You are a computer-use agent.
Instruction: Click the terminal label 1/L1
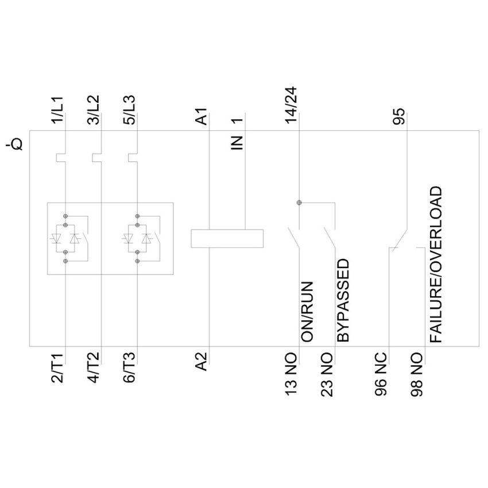pos(59,110)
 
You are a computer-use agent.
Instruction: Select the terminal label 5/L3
pos(130,110)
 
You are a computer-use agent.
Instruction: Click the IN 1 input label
pos(238,134)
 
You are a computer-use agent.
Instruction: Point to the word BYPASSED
pos(343,301)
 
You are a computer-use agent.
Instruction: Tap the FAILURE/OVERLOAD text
pos(437,264)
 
